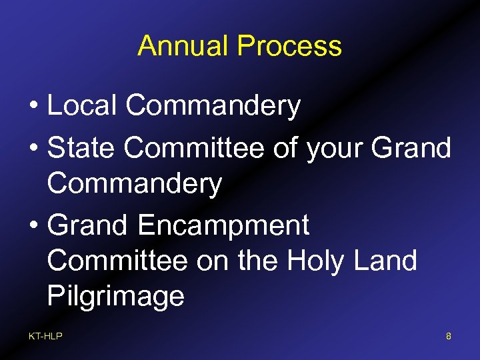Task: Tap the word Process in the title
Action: pyautogui.click(x=289, y=46)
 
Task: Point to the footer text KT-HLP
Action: pyautogui.click(x=45, y=337)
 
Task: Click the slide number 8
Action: pyautogui.click(x=449, y=337)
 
